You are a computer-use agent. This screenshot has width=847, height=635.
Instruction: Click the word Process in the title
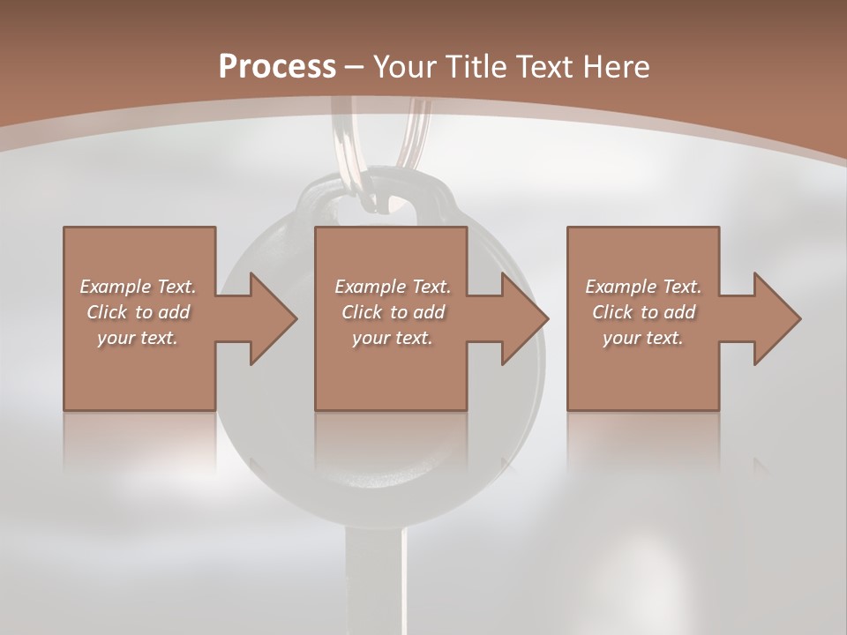coord(277,67)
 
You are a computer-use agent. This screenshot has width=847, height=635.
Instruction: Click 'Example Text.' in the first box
coord(138,287)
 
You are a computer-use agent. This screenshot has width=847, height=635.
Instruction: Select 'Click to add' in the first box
coord(138,312)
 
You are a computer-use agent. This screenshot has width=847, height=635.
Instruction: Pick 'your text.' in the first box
coord(138,338)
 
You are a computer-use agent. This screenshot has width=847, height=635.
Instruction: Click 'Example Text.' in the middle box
coord(393,287)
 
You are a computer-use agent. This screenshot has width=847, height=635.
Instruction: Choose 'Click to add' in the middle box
coord(393,312)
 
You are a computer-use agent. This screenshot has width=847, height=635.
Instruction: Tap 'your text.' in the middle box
coord(393,338)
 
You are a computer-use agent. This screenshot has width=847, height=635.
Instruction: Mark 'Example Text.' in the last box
coord(643,287)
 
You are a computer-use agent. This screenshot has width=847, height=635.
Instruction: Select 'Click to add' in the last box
coord(643,312)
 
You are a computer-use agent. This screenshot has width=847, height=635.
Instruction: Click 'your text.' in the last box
coord(643,338)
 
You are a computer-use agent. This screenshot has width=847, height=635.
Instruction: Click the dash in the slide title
coord(355,67)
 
